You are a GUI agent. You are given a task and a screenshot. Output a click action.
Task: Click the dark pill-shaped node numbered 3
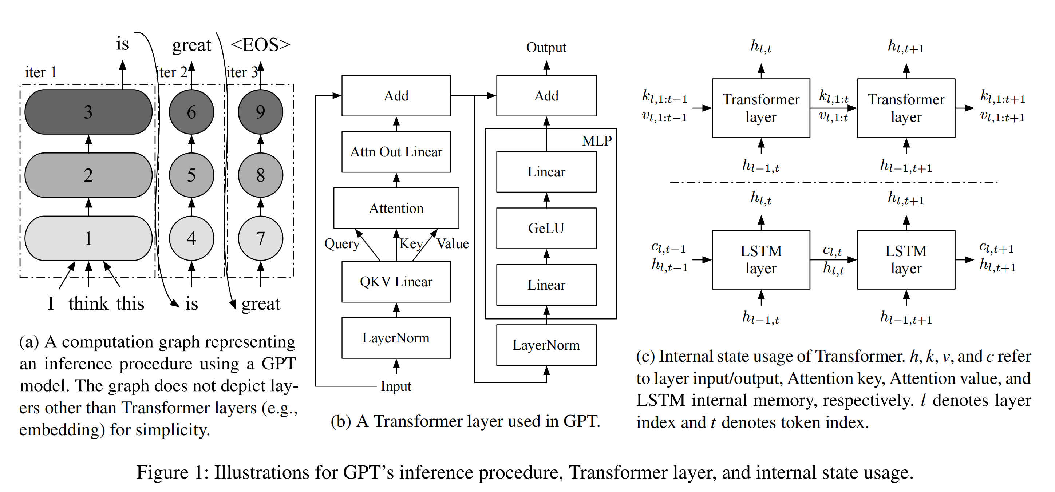pos(88,112)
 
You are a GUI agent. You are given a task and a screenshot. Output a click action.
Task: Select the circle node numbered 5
pos(191,175)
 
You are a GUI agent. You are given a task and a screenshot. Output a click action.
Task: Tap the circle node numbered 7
pos(261,238)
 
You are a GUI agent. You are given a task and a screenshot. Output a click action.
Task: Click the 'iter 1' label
pos(40,72)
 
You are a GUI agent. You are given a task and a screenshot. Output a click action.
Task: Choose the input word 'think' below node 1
pos(88,304)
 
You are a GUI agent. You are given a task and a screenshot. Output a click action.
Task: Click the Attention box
pos(396,208)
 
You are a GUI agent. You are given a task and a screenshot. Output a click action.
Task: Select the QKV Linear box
pos(396,282)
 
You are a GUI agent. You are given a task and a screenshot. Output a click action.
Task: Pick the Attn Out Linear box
pos(396,152)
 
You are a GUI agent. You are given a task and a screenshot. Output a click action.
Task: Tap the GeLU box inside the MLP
pos(546,228)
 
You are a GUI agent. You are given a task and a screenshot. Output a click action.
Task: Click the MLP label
pos(597,141)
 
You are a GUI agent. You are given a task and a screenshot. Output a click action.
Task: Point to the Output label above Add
pos(546,47)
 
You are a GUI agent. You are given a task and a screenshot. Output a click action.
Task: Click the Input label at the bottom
pos(396,386)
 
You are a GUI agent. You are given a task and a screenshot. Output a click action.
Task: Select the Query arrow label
pos(341,243)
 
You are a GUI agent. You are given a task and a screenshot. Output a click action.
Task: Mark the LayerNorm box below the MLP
pos(546,345)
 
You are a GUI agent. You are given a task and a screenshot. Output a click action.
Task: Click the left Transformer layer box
pos(761,108)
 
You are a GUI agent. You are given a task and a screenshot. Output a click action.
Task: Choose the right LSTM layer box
pos(906,259)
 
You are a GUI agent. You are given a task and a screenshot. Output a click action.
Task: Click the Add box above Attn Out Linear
pos(396,95)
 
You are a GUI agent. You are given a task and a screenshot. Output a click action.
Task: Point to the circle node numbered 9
pos(261,112)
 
